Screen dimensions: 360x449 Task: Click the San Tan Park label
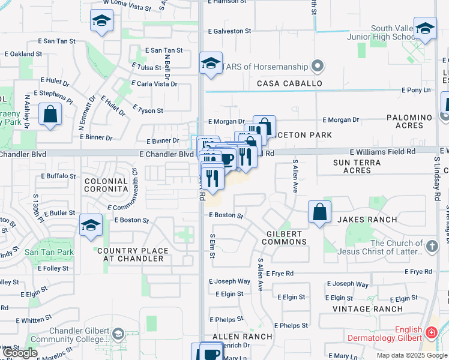click(50, 253)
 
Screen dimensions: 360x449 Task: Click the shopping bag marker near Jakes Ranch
click(320, 212)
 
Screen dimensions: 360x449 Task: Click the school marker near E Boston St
click(91, 226)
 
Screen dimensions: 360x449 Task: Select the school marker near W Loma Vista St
click(102, 21)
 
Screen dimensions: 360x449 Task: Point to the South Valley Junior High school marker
click(425, 28)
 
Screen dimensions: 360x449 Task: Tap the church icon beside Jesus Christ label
click(431, 247)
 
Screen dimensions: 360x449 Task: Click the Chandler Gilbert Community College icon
click(118, 334)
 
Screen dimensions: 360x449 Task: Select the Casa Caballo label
click(290, 83)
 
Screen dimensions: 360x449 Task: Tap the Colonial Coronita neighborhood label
click(106, 185)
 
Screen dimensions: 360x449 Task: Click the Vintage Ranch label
click(368, 309)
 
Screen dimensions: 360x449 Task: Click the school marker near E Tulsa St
click(211, 64)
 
